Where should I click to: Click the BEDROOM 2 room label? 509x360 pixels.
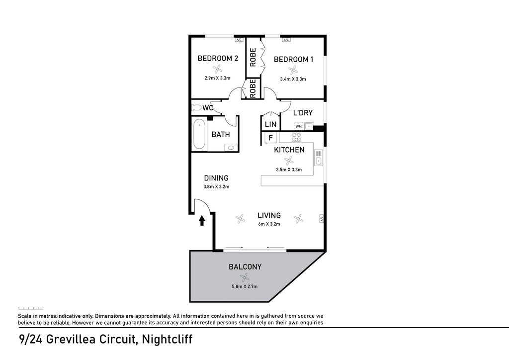pos(218,58)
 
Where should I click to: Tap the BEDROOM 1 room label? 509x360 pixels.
pos(293,59)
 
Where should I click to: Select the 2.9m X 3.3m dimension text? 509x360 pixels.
pos(217,78)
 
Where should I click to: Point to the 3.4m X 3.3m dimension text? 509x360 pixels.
pos(293,79)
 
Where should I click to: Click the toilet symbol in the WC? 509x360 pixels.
pos(196,107)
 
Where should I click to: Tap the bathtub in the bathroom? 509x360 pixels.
pos(199,134)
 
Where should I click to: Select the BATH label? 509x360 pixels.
pos(220,134)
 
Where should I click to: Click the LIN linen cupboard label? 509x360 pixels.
pos(270,124)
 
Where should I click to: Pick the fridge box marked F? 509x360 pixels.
pos(270,138)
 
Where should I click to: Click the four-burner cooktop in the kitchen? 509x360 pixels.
pos(297,138)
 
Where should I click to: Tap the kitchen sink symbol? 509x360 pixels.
pos(319,158)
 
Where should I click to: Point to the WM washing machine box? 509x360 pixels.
pos(298,126)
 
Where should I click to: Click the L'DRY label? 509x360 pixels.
pos(303,113)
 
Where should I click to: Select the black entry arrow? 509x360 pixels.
pos(202,220)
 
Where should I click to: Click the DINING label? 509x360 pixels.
pos(216,178)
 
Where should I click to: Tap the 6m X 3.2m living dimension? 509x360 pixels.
pos(269,224)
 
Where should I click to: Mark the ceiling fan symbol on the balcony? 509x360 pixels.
pos(244,277)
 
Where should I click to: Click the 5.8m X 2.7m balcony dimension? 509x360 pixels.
pos(245,286)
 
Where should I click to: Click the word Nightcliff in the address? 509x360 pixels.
pos(167,340)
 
